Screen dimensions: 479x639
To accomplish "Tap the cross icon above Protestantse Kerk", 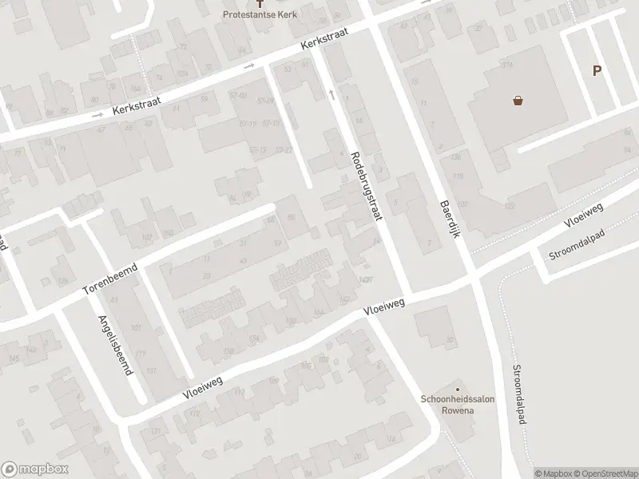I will [257, 3].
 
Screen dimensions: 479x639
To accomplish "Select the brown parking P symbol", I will [596, 70].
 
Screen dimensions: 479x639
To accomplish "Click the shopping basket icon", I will [518, 101].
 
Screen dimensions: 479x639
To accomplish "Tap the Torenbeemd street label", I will [110, 279].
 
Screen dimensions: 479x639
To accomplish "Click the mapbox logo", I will [34, 469].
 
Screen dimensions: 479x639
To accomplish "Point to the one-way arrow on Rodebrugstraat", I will [331, 94].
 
